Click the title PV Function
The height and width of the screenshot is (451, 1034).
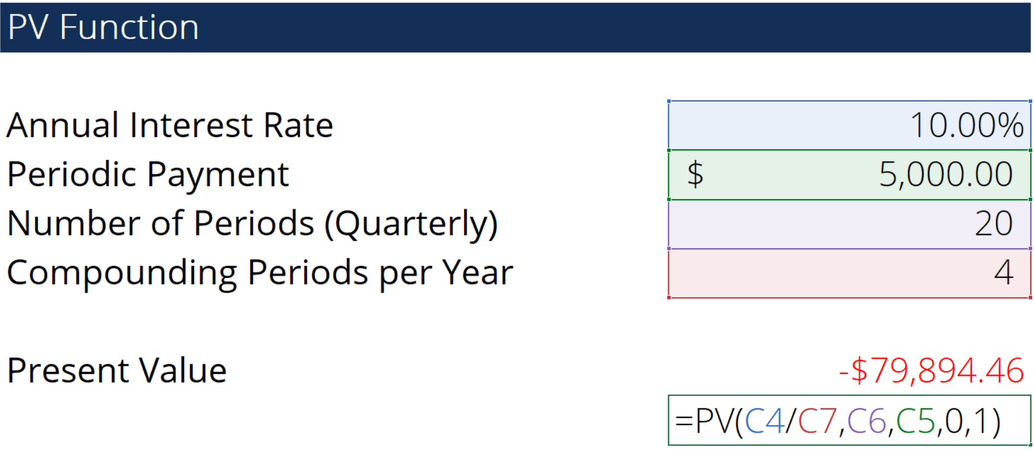pyautogui.click(x=103, y=27)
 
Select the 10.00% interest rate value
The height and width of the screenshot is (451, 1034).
pyautogui.click(x=967, y=125)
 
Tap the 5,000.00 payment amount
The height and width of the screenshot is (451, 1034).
pyautogui.click(x=945, y=174)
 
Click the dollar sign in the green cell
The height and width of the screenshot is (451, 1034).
pyautogui.click(x=695, y=174)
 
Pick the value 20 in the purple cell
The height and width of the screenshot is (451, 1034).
pyautogui.click(x=994, y=223)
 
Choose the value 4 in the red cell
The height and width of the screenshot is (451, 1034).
pyautogui.click(x=1004, y=273)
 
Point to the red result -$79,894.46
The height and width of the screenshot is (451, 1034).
pyautogui.click(x=931, y=370)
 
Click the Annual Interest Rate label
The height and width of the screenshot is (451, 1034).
pyautogui.click(x=170, y=125)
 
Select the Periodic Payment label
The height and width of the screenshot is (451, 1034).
pyautogui.click(x=148, y=175)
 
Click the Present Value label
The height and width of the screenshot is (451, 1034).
pyautogui.click(x=117, y=370)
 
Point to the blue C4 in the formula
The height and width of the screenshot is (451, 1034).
pyautogui.click(x=764, y=421)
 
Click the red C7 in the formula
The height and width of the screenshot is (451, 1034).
pyautogui.click(x=817, y=421)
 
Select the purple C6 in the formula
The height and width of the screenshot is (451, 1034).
pyautogui.click(x=867, y=421)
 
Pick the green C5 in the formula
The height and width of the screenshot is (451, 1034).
pyautogui.click(x=916, y=421)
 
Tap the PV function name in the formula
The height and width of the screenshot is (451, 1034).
pyautogui.click(x=714, y=421)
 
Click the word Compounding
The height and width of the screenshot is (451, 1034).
pyautogui.click(x=122, y=273)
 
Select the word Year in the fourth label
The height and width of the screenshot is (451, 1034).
pyautogui.click(x=478, y=273)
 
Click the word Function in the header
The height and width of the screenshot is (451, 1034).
pyautogui.click(x=129, y=27)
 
